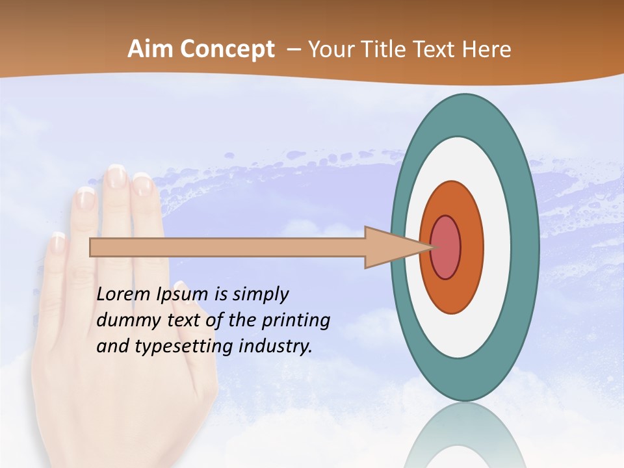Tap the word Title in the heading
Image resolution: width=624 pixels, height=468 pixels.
[387, 49]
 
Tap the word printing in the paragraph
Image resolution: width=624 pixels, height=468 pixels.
[296, 320]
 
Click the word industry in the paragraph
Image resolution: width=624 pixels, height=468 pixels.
[276, 346]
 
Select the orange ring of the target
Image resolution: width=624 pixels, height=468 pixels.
[472, 248]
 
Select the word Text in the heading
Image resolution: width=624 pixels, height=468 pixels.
[437, 49]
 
